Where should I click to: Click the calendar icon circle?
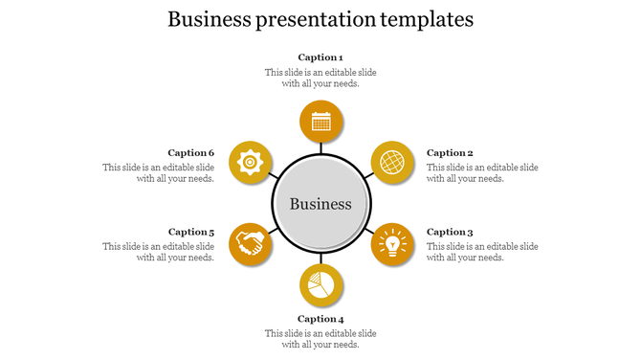point(321,122)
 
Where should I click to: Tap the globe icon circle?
point(392,163)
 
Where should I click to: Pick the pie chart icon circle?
point(321,285)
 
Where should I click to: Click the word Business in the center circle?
point(320,204)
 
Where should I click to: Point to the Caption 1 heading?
point(320,57)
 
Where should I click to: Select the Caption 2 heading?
point(450,153)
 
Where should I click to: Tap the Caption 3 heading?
point(450,232)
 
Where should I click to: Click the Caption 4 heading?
point(320,319)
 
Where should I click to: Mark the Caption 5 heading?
point(191,232)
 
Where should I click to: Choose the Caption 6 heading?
point(191,153)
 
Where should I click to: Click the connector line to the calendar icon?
point(321,148)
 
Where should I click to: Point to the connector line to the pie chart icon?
point(321,259)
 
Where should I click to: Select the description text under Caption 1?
point(320,78)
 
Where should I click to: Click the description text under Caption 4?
point(320,339)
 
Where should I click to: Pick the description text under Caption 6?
point(159,173)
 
